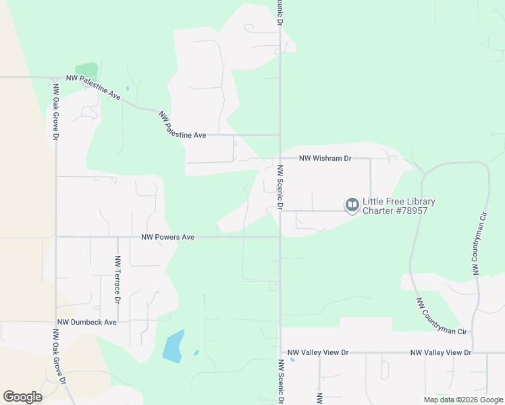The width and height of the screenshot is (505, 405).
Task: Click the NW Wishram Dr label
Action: (x=325, y=159)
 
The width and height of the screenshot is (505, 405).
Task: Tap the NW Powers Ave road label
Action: (x=167, y=237)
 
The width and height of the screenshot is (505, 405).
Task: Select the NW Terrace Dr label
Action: (x=117, y=279)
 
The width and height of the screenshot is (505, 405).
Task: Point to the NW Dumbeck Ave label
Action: (x=87, y=323)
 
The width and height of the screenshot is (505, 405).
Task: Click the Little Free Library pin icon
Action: (x=352, y=205)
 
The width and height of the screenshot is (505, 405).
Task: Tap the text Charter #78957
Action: (x=395, y=211)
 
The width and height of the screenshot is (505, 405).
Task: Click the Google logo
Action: (x=22, y=397)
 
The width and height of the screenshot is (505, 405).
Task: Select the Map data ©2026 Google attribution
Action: (x=463, y=400)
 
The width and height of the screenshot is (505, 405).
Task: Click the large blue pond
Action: (x=174, y=346)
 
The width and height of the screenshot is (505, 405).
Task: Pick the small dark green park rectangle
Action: (x=86, y=70)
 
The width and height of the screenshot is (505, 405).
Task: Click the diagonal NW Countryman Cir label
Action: (x=442, y=317)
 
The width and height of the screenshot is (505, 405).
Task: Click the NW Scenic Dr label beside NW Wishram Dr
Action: (x=279, y=187)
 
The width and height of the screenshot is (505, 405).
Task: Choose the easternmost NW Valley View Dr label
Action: (x=441, y=353)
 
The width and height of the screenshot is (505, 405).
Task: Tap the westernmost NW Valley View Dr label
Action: (x=318, y=353)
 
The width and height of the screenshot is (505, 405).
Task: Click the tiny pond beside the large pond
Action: (x=196, y=352)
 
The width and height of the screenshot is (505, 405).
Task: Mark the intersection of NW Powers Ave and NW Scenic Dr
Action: (x=280, y=237)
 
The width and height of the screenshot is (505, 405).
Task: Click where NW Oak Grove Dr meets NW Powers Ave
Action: (x=56, y=237)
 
